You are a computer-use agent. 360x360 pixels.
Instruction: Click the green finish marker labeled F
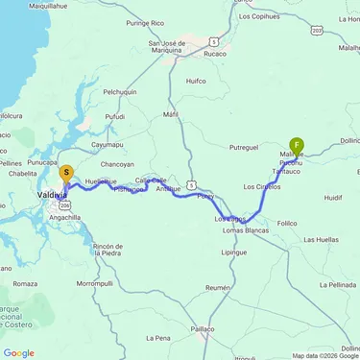[298, 146]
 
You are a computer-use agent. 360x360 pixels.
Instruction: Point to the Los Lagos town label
[230, 220]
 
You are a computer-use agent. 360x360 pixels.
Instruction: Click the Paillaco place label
[202, 328]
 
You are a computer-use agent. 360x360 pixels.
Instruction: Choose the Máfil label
[171, 114]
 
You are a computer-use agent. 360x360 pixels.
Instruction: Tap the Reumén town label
[218, 287]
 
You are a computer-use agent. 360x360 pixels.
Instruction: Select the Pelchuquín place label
[121, 91]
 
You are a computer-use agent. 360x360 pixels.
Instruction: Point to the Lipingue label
[234, 252]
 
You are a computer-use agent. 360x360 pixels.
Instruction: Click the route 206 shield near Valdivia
[64, 205]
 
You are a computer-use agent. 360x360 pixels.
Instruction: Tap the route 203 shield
[317, 31]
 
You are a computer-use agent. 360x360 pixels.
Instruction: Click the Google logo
[19, 352]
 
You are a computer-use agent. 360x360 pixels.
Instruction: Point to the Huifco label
[196, 82]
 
